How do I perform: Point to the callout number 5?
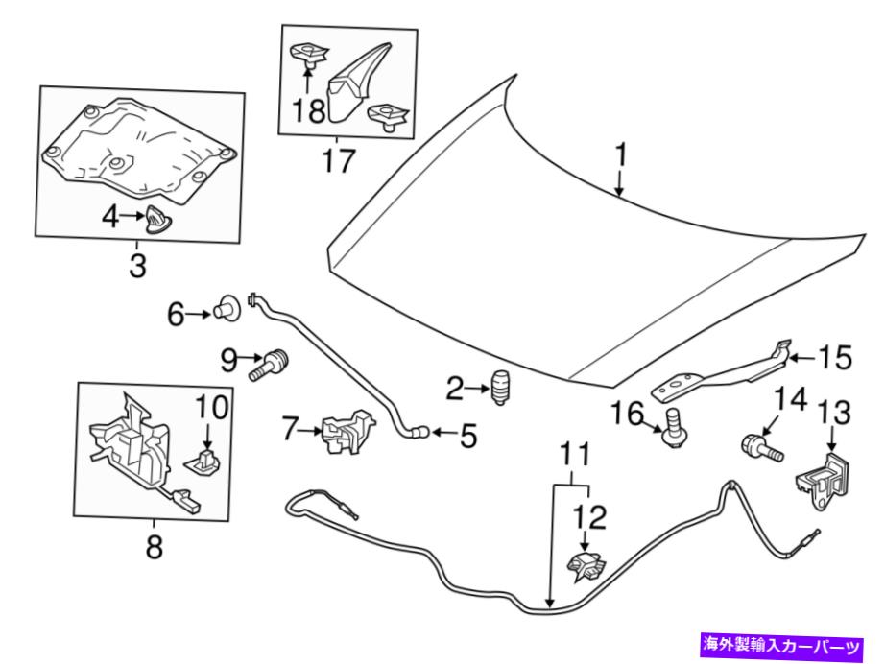point(467,437)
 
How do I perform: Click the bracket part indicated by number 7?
point(347,429)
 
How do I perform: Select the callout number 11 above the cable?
point(576,451)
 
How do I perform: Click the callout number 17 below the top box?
point(339,161)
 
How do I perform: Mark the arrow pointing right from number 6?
point(202,313)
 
